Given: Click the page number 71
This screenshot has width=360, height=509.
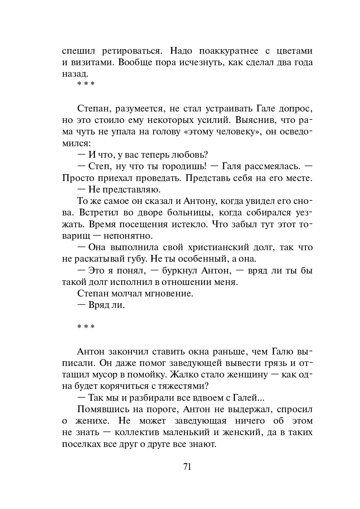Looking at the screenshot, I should pyautogui.click(x=187, y=466).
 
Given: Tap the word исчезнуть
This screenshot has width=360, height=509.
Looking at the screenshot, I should pyautogui.click(x=191, y=62).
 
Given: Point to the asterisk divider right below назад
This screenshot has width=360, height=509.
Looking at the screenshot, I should pyautogui.click(x=86, y=85).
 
